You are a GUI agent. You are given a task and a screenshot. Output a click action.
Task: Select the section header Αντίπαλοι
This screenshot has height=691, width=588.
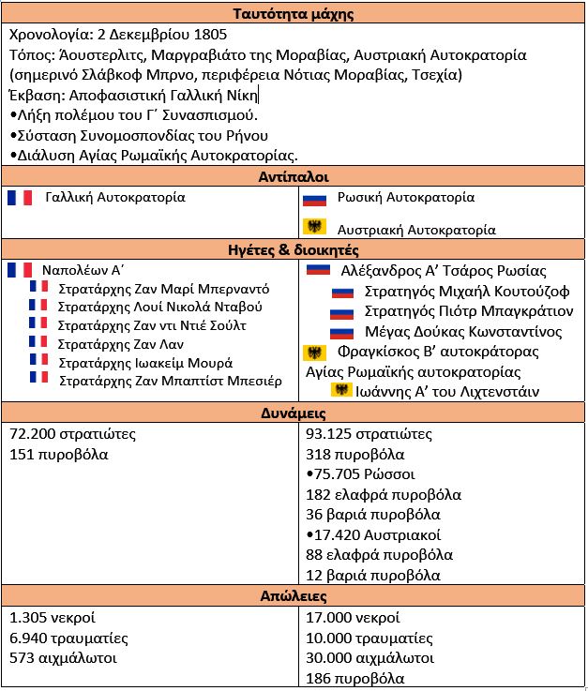tap(294, 176)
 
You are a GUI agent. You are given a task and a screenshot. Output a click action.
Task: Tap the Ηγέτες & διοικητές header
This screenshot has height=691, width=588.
tap(294, 250)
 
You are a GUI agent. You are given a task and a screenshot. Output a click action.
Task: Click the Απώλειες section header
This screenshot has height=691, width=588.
tap(294, 595)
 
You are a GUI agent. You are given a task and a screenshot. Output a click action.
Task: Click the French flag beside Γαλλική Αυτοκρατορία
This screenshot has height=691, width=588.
tap(20, 198)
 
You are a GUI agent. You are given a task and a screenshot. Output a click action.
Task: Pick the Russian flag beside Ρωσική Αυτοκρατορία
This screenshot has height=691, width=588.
tap(313, 199)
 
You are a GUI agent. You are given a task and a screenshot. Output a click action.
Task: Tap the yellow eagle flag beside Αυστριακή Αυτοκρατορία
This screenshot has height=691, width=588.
tap(313, 227)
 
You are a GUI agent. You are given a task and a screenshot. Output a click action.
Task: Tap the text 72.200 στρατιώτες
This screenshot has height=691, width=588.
tap(73, 434)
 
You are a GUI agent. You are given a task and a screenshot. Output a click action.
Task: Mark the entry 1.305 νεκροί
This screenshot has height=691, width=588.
tap(53, 618)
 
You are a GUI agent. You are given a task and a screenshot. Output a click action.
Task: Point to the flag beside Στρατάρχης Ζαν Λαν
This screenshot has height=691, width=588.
tap(38, 342)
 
